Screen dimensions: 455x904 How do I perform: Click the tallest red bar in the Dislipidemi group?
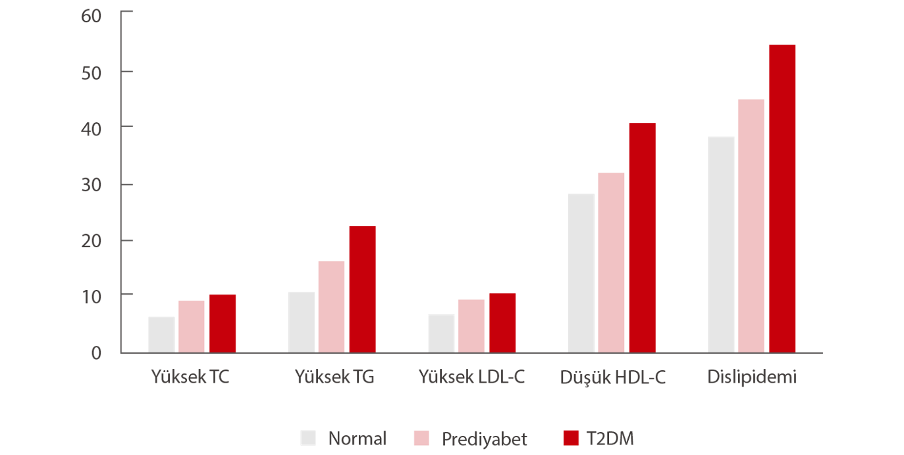click(782, 198)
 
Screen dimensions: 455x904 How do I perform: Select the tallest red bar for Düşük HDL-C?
click(642, 237)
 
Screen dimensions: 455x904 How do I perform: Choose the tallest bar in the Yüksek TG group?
click(362, 289)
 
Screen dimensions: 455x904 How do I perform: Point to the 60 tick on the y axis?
click(92, 14)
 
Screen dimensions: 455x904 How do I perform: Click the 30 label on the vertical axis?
click(92, 184)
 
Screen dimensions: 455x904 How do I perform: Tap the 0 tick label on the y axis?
click(96, 353)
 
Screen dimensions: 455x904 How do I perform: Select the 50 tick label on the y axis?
click(92, 71)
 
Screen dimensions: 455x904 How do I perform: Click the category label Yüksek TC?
click(190, 377)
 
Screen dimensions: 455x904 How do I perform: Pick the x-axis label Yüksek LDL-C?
click(472, 377)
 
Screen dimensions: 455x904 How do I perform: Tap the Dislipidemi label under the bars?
click(753, 377)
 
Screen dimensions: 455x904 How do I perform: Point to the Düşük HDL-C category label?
click(612, 378)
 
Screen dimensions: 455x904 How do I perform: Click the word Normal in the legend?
click(357, 439)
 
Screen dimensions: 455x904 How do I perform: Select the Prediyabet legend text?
click(484, 439)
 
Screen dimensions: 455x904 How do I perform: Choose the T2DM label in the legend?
click(610, 439)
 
